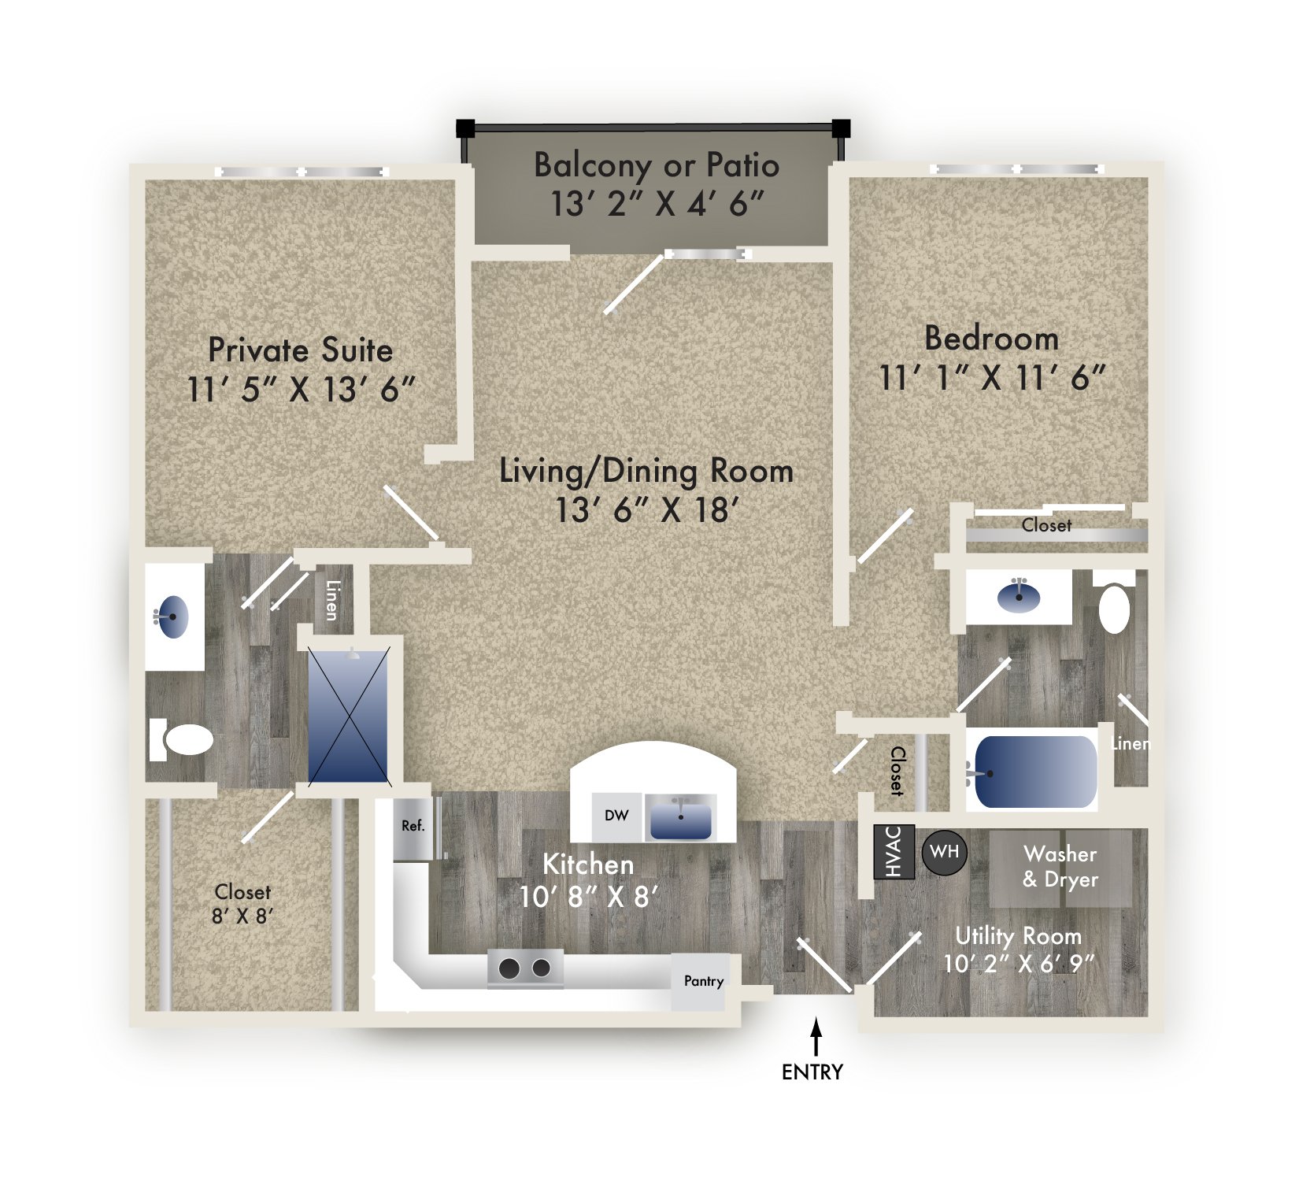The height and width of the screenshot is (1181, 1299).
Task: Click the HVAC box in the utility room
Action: pyautogui.click(x=894, y=851)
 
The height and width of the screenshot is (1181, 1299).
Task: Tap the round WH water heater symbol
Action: pyautogui.click(x=944, y=852)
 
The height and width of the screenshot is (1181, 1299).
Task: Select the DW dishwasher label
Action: pyautogui.click(x=616, y=816)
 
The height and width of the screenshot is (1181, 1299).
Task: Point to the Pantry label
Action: pyautogui.click(x=703, y=981)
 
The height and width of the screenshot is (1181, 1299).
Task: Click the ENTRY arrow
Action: pyautogui.click(x=816, y=1037)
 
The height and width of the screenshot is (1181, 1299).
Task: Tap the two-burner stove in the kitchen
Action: pyautogui.click(x=525, y=968)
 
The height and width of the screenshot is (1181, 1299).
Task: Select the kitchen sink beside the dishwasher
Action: pyautogui.click(x=680, y=817)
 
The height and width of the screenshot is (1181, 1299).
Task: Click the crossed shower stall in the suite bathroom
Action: pyautogui.click(x=349, y=716)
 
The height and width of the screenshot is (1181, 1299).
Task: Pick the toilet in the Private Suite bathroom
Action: pyautogui.click(x=183, y=739)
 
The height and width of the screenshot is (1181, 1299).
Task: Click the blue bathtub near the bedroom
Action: pyautogui.click(x=1034, y=773)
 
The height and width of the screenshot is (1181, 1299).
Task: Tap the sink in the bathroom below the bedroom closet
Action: pyautogui.click(x=1019, y=597)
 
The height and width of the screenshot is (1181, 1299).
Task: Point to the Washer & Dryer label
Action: pyautogui.click(x=1060, y=866)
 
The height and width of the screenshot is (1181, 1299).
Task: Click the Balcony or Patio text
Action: pyautogui.click(x=656, y=165)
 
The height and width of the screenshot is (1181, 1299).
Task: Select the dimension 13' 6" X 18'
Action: pyautogui.click(x=647, y=510)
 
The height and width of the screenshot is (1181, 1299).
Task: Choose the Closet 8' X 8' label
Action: pyautogui.click(x=242, y=904)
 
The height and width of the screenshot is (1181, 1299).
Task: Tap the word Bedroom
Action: pyautogui.click(x=991, y=339)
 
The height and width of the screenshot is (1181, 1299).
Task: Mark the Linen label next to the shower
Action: pyautogui.click(x=332, y=600)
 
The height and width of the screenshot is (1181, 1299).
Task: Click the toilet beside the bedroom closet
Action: pyautogui.click(x=1114, y=608)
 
